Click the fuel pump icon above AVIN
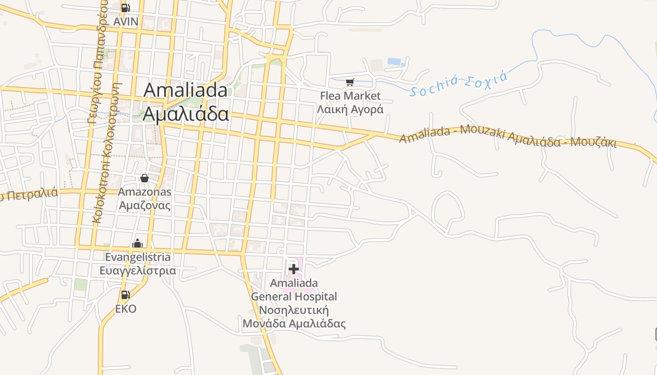125,7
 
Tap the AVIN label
126,22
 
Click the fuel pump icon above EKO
125,295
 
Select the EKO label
126,309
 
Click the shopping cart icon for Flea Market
350,82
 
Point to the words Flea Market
350,96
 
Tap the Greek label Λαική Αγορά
350,110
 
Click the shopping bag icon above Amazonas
145,178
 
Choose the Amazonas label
145,192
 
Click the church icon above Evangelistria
138,243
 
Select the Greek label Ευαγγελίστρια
138,271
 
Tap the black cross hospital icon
294,269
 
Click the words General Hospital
294,297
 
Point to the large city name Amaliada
185,90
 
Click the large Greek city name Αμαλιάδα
186,114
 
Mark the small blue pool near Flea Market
394,61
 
